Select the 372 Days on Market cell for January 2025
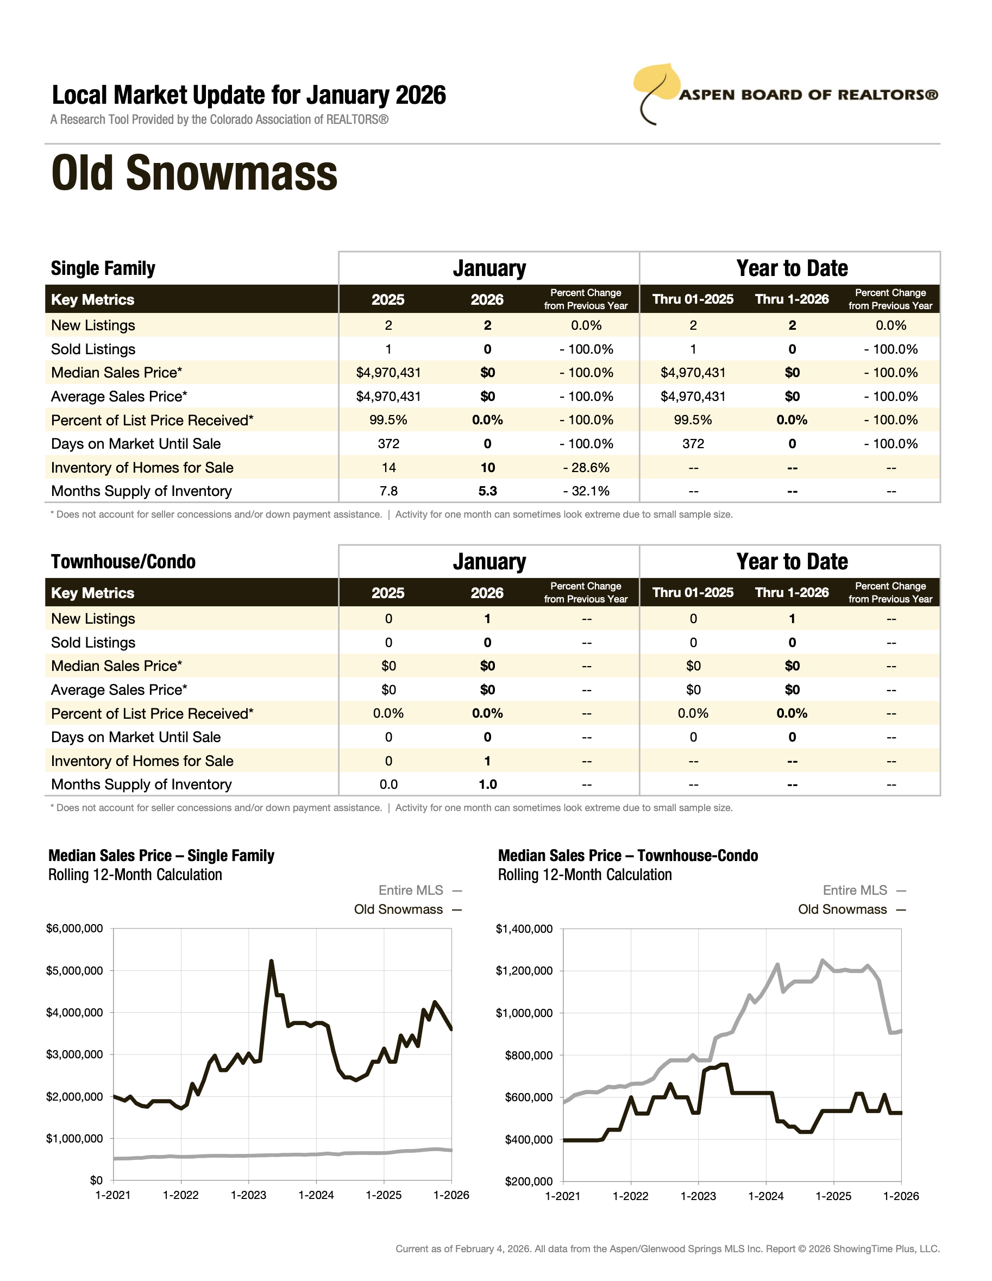[x=388, y=444]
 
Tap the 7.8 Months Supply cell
[x=388, y=492]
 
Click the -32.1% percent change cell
[x=586, y=492]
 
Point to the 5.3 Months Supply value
[x=487, y=492]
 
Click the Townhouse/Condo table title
[x=123, y=562]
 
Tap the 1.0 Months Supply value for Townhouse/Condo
[x=487, y=785]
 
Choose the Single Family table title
[x=103, y=268]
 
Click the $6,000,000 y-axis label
[x=74, y=928]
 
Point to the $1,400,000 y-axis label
[x=524, y=928]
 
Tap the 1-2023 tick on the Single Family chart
[x=249, y=1195]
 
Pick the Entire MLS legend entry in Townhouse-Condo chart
[x=855, y=890]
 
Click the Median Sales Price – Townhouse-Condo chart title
[x=627, y=856]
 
